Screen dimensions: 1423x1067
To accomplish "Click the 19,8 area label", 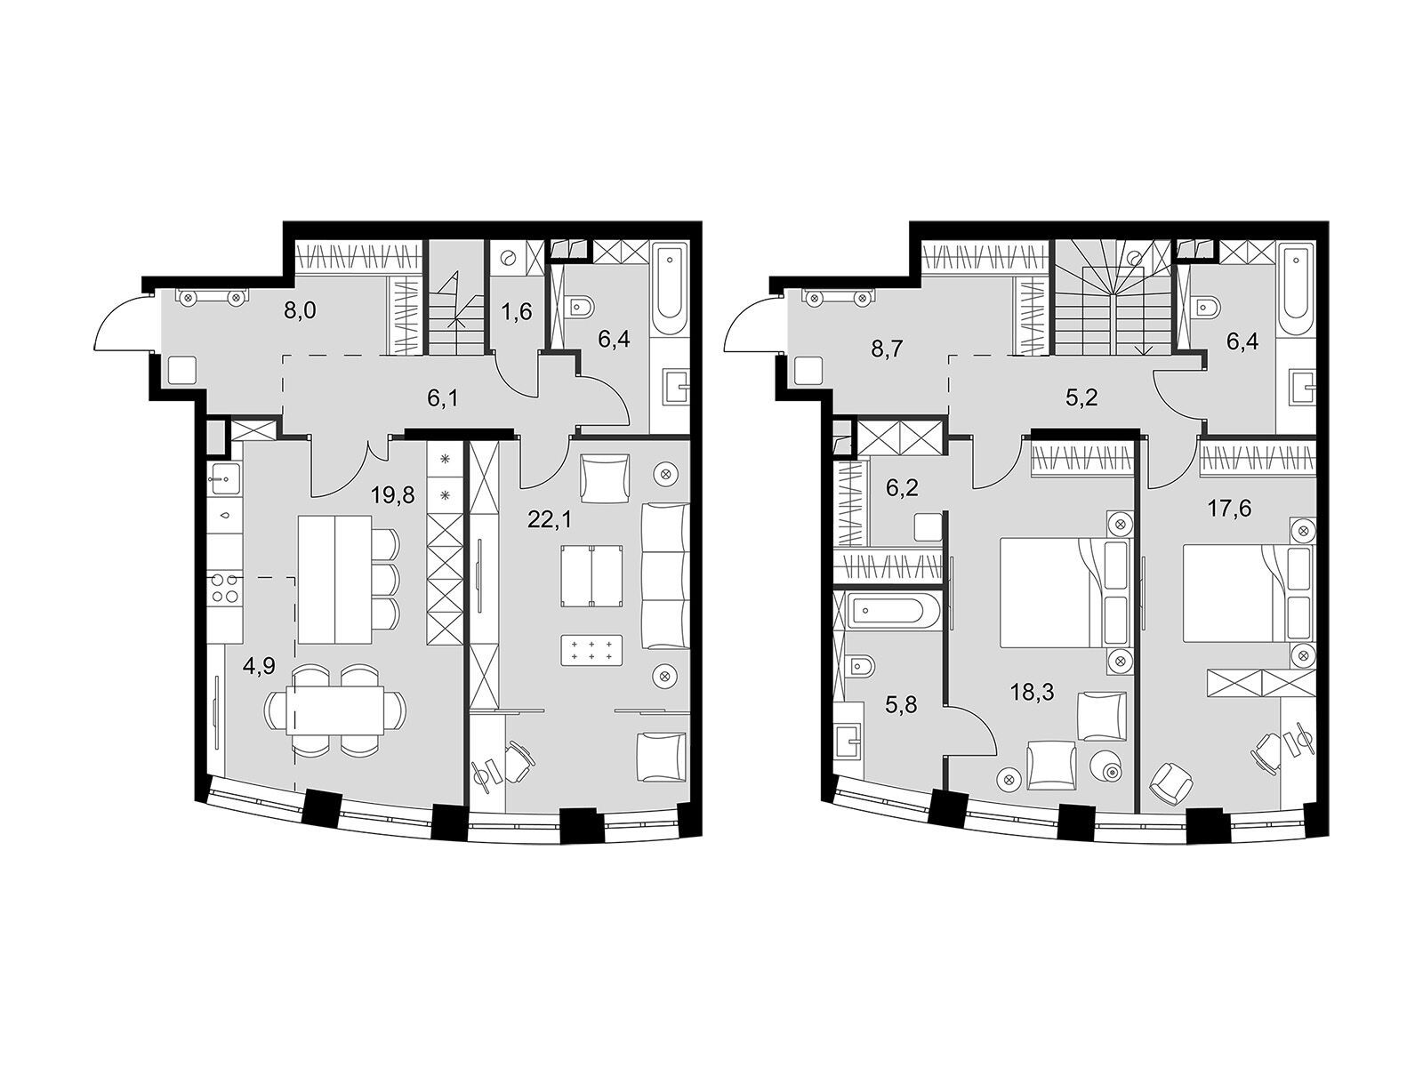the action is coord(393,496).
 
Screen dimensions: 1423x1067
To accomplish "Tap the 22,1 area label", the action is coord(549,519).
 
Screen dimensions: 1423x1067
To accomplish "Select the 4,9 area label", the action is coord(257,667).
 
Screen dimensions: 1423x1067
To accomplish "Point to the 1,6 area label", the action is coord(518,311).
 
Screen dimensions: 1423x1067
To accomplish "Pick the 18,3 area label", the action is coord(1032,692).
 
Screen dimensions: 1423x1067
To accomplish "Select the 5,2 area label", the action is coord(1082,397).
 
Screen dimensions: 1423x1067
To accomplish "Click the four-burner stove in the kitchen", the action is coord(226,589).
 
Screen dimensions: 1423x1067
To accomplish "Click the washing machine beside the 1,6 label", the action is coord(508,259).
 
